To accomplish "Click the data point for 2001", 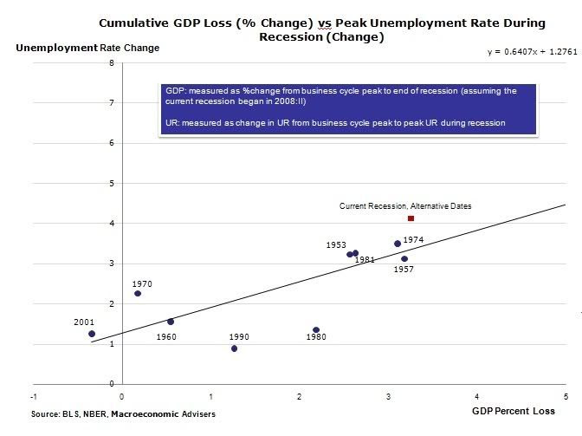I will (92, 334).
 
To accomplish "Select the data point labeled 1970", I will (138, 294).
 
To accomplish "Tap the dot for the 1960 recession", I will (171, 322).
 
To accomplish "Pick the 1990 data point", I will (235, 348).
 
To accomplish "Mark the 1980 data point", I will (316, 330).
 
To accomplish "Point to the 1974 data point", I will (398, 244).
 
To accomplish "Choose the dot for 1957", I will (404, 258).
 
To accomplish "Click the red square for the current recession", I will (411, 218).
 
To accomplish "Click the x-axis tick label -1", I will (34, 397).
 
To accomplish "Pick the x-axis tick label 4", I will (477, 397).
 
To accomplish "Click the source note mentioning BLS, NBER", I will (123, 414).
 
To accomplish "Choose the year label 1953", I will (336, 245).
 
